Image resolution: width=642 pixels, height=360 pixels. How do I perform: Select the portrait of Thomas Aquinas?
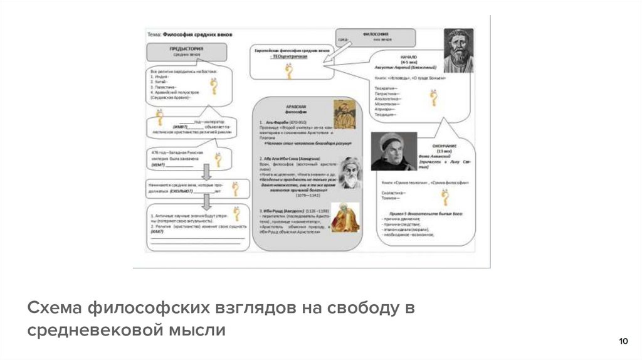pos(393,151)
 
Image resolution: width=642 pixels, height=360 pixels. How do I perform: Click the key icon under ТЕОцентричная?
pos(289,71)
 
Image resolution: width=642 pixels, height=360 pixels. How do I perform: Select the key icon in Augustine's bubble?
pos(432,98)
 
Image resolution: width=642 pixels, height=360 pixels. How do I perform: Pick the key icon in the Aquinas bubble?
pos(445,197)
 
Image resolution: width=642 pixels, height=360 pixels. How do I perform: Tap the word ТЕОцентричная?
pos(290,56)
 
